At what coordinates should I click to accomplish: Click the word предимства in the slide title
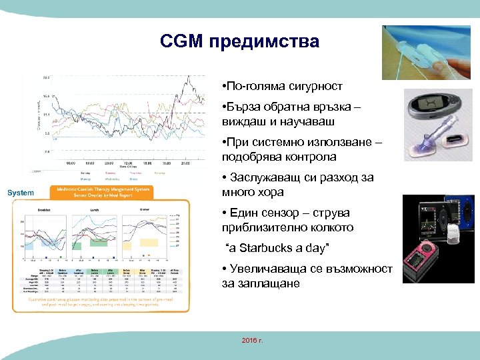[265, 42]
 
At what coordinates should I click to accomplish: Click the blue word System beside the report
[20, 193]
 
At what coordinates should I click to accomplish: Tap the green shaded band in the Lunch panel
[98, 243]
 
